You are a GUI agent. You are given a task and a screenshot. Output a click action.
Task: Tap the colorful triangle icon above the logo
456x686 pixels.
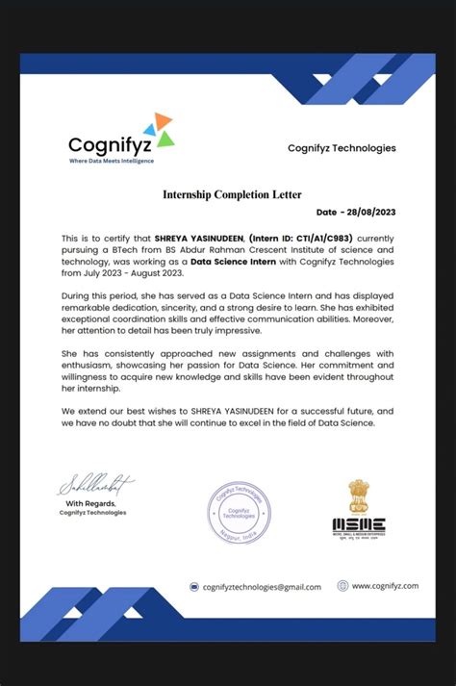(159, 130)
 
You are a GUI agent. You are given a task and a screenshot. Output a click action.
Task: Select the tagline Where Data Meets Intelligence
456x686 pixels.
(111, 161)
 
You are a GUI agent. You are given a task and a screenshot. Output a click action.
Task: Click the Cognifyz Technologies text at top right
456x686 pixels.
(342, 148)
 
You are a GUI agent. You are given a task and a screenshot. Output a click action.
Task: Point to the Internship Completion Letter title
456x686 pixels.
(232, 195)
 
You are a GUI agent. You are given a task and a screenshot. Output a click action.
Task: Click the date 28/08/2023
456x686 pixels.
(369, 212)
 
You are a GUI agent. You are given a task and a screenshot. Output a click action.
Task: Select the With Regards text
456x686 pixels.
(90, 503)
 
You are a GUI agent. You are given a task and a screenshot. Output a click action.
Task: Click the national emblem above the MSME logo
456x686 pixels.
(359, 495)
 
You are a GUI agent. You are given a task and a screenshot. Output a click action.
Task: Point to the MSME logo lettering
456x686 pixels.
(359, 525)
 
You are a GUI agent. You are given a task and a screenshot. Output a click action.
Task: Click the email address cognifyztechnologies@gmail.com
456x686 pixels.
(262, 586)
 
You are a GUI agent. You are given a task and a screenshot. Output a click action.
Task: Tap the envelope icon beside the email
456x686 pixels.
(194, 586)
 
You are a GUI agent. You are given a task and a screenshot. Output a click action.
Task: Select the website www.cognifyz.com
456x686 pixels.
(385, 585)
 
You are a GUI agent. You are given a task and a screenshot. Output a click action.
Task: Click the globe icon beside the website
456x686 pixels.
(342, 585)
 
